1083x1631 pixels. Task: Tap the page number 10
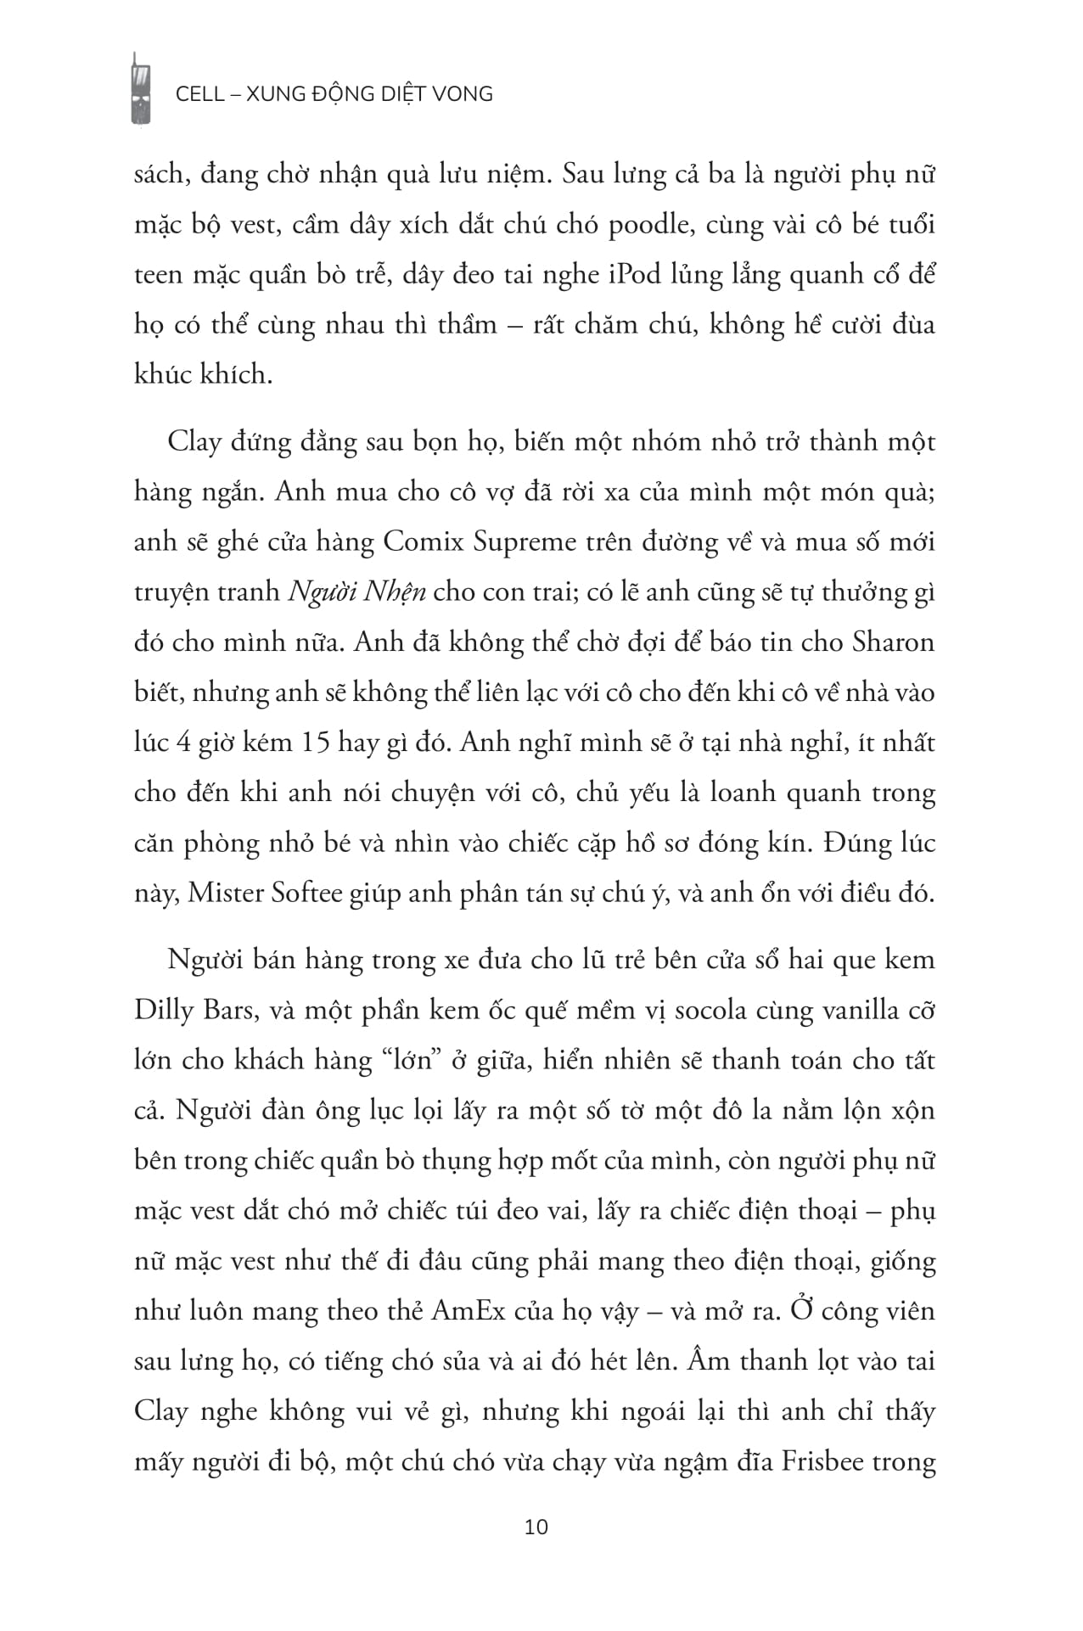tap(537, 1527)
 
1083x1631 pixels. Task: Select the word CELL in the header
tap(199, 93)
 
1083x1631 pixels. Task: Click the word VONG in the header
tap(463, 93)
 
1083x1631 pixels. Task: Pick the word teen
tap(158, 275)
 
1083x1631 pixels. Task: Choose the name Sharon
tap(891, 642)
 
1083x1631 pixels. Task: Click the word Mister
tap(225, 893)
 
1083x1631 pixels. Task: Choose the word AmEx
tap(469, 1311)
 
